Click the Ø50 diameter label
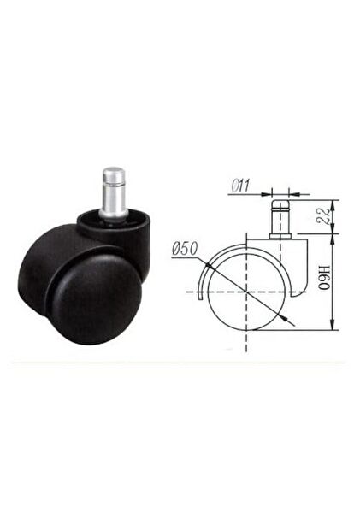(x=185, y=249)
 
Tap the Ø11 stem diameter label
(x=240, y=186)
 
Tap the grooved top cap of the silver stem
(x=114, y=175)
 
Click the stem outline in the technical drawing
(x=280, y=219)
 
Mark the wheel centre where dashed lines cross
(x=246, y=292)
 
